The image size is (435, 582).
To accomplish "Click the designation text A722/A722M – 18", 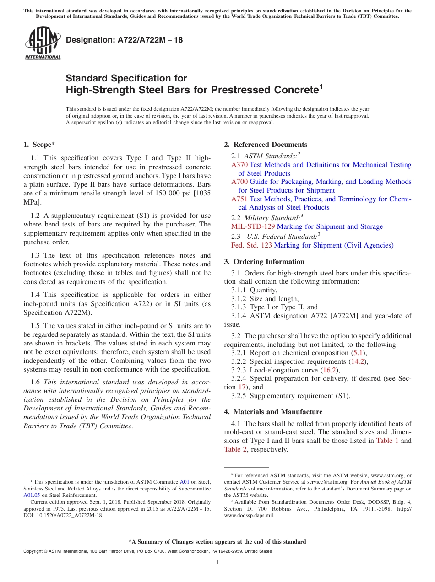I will (x=124, y=40).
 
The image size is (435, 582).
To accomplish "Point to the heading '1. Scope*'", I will (x=39, y=145).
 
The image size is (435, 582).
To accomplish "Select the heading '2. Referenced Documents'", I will (x=266, y=145).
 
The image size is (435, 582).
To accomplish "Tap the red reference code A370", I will (x=239, y=165).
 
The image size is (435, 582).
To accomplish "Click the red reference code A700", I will (x=239, y=182).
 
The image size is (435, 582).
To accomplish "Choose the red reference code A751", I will (x=239, y=199).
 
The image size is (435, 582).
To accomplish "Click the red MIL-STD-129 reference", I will (x=253, y=226).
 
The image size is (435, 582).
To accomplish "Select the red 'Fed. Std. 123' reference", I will (x=251, y=245).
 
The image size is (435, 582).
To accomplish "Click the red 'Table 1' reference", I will (x=387, y=441).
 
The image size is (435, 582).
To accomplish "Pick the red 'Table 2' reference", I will (x=235, y=449).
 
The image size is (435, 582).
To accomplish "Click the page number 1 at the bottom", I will (x=217, y=562).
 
